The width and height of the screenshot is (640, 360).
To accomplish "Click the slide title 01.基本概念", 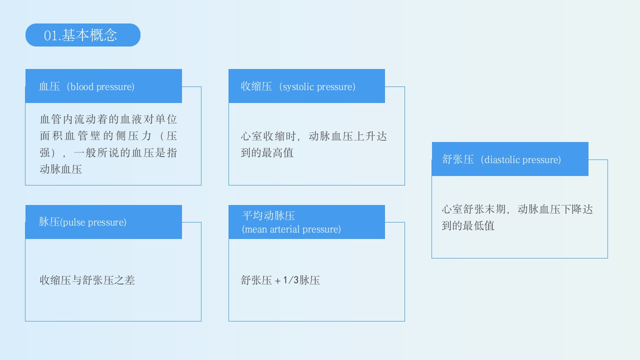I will [x=81, y=35].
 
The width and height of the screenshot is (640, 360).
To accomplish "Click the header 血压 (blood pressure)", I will [x=87, y=86].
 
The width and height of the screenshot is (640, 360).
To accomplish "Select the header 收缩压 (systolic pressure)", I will [x=298, y=86].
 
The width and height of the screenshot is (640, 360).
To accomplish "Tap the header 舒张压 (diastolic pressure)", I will [x=501, y=159].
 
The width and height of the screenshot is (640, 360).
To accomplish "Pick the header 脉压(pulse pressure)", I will [x=82, y=222].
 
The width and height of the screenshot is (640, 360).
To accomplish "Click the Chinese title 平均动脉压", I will [x=268, y=215].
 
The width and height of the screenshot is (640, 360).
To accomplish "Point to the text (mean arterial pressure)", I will [x=291, y=229].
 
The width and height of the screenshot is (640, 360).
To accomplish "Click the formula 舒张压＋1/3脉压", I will [x=280, y=280].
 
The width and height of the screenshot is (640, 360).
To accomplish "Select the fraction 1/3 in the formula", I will [x=290, y=280].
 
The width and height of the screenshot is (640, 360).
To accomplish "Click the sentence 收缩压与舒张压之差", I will [x=87, y=280].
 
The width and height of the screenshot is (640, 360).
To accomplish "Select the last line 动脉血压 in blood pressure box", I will [x=60, y=169].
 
